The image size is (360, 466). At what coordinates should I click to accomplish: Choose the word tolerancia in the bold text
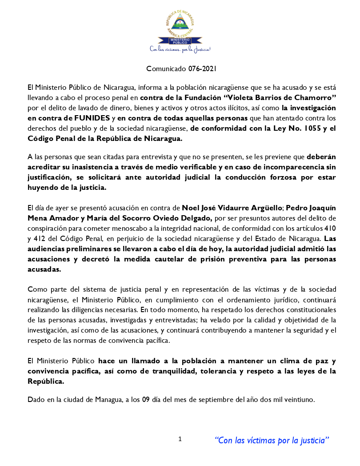click(218, 371)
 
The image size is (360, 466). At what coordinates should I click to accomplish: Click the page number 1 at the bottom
click(180, 439)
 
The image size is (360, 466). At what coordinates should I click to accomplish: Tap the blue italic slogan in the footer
click(272, 440)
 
